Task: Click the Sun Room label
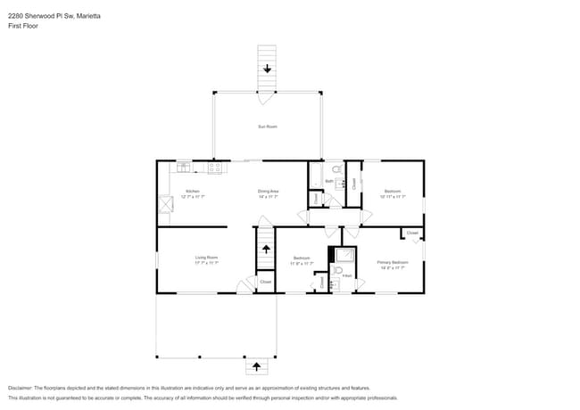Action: (x=268, y=127)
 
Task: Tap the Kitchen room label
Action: (x=192, y=191)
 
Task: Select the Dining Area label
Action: (x=269, y=191)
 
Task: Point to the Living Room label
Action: (x=207, y=258)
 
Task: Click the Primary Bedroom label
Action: (x=392, y=262)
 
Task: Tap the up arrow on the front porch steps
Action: (x=257, y=366)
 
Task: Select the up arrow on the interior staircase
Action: (x=266, y=250)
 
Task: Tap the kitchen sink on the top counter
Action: (x=183, y=166)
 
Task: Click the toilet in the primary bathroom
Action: (x=338, y=271)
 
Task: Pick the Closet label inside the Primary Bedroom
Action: (x=411, y=234)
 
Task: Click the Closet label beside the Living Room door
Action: (x=265, y=282)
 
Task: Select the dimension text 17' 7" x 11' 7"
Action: (x=207, y=263)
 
